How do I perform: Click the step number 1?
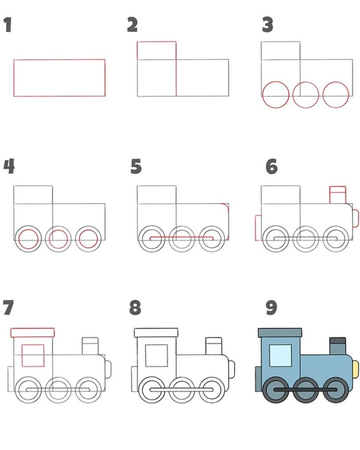click(8, 25)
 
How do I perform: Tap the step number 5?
click(136, 166)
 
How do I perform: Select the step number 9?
click(271, 307)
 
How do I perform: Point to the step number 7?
click(8, 307)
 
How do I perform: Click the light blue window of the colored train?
click(281, 355)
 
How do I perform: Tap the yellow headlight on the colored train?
click(355, 369)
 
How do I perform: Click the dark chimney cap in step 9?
click(337, 341)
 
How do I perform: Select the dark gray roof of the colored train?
click(280, 333)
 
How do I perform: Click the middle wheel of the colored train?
click(306, 390)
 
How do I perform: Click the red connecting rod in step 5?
click(181, 237)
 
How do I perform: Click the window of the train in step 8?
click(157, 355)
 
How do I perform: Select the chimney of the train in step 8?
click(214, 346)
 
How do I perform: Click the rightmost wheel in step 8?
click(212, 390)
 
